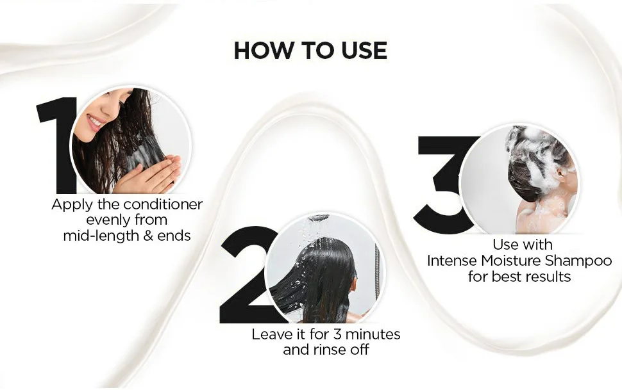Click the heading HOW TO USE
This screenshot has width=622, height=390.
310,51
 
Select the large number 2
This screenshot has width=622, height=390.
244,275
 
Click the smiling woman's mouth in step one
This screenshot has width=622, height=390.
95,122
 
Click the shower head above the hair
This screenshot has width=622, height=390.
320,218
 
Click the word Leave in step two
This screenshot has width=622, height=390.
269,334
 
